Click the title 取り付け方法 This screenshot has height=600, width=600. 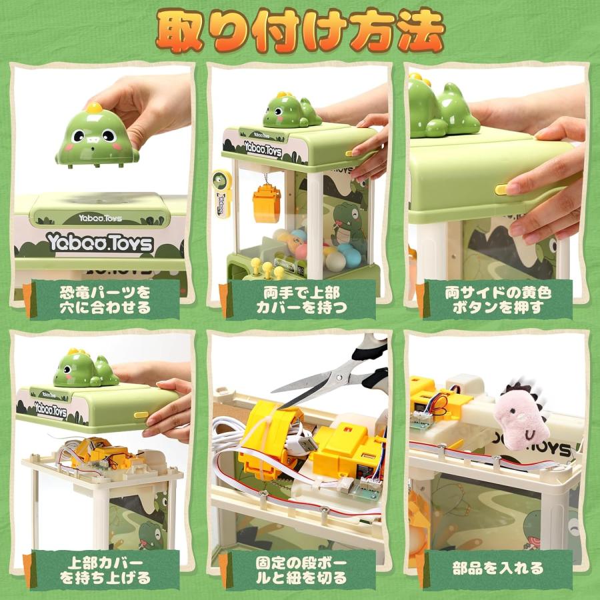[300, 31]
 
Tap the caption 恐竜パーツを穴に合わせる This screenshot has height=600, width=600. [104, 299]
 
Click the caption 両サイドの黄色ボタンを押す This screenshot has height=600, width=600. [498, 299]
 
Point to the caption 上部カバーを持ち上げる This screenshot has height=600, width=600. [104, 569]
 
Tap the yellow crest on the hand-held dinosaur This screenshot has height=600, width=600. [93, 106]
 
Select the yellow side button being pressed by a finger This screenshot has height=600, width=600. [502, 189]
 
